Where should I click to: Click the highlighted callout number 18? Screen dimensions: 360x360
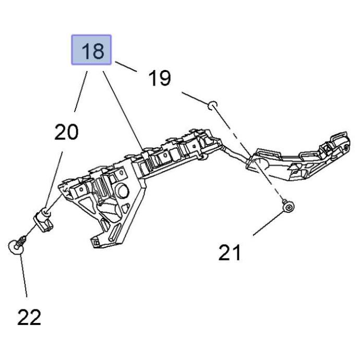[x=91, y=51]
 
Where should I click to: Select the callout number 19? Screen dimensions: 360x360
[x=159, y=78]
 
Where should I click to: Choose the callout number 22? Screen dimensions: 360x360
[x=29, y=317]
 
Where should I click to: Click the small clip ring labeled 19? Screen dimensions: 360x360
[x=212, y=106]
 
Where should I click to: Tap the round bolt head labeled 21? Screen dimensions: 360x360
[x=287, y=208]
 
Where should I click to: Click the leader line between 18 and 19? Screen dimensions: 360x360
[x=126, y=66]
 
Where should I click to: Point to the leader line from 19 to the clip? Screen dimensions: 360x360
[x=196, y=99]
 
